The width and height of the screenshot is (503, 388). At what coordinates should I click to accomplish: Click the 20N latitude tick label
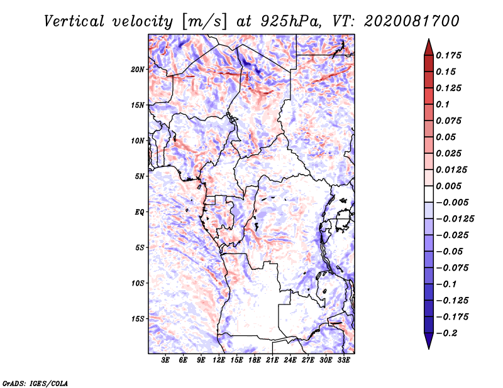[138, 69]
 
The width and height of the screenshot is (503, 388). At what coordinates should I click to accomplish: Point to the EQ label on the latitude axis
[139, 212]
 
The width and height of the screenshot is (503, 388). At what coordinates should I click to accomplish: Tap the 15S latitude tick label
[138, 319]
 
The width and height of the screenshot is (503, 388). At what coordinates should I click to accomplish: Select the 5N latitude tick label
[140, 176]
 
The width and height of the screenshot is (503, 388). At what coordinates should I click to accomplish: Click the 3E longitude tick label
[165, 360]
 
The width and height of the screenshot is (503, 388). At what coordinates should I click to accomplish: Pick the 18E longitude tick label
[255, 360]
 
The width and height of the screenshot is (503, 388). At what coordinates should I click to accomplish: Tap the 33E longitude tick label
[343, 360]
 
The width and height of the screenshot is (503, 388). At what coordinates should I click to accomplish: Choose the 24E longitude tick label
[290, 360]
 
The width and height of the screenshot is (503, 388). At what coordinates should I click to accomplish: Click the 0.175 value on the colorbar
[448, 55]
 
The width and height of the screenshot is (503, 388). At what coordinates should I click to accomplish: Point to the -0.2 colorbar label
[446, 333]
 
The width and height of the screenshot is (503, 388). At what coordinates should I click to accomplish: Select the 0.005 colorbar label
[448, 186]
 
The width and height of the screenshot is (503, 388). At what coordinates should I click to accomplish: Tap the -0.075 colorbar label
[452, 268]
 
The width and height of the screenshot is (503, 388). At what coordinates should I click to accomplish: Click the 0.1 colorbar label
[443, 104]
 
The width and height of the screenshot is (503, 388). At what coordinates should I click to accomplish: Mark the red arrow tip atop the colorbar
[429, 39]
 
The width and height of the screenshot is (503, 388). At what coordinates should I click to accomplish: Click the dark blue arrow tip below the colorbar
[429, 348]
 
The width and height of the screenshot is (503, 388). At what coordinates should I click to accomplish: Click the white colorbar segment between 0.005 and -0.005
[429, 194]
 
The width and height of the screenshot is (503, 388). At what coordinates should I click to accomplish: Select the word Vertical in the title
[74, 21]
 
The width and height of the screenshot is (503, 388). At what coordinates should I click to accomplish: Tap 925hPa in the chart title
[290, 21]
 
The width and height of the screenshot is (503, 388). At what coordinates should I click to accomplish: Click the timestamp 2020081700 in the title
[412, 21]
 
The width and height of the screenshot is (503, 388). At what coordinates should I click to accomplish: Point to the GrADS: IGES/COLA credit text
[35, 384]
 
